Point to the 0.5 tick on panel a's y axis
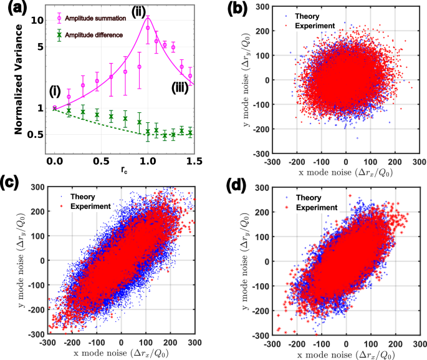pyautogui.click(x=40, y=134)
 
